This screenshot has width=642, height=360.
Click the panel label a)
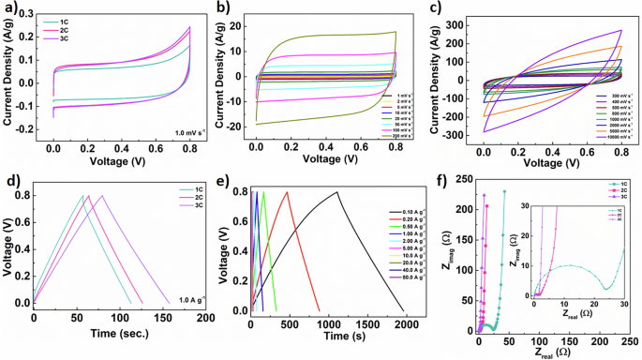coord(8,8)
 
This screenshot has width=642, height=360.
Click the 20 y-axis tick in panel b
coord(245,26)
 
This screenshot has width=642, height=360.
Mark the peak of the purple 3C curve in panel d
coord(101,195)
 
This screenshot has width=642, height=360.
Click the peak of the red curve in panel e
coord(287,193)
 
